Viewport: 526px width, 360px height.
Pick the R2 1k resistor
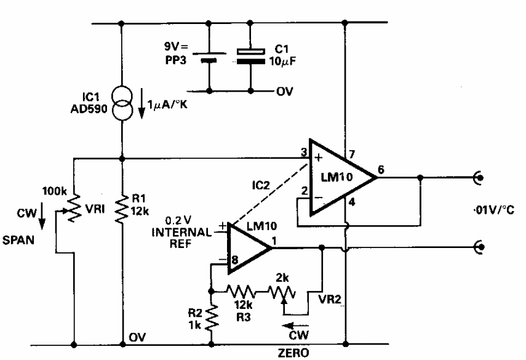[211, 319]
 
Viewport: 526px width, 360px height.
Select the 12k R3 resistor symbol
[241, 289]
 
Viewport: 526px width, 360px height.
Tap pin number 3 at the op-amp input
[303, 151]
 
